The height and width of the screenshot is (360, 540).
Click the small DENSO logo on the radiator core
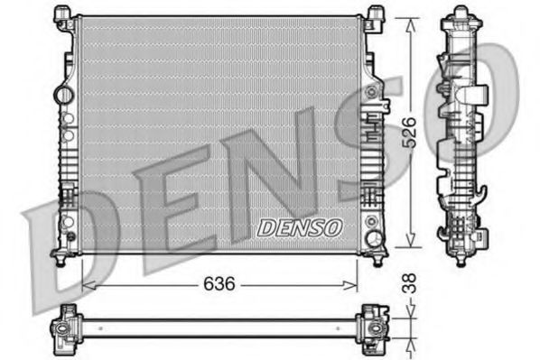299,228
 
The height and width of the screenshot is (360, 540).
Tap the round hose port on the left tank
61,93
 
